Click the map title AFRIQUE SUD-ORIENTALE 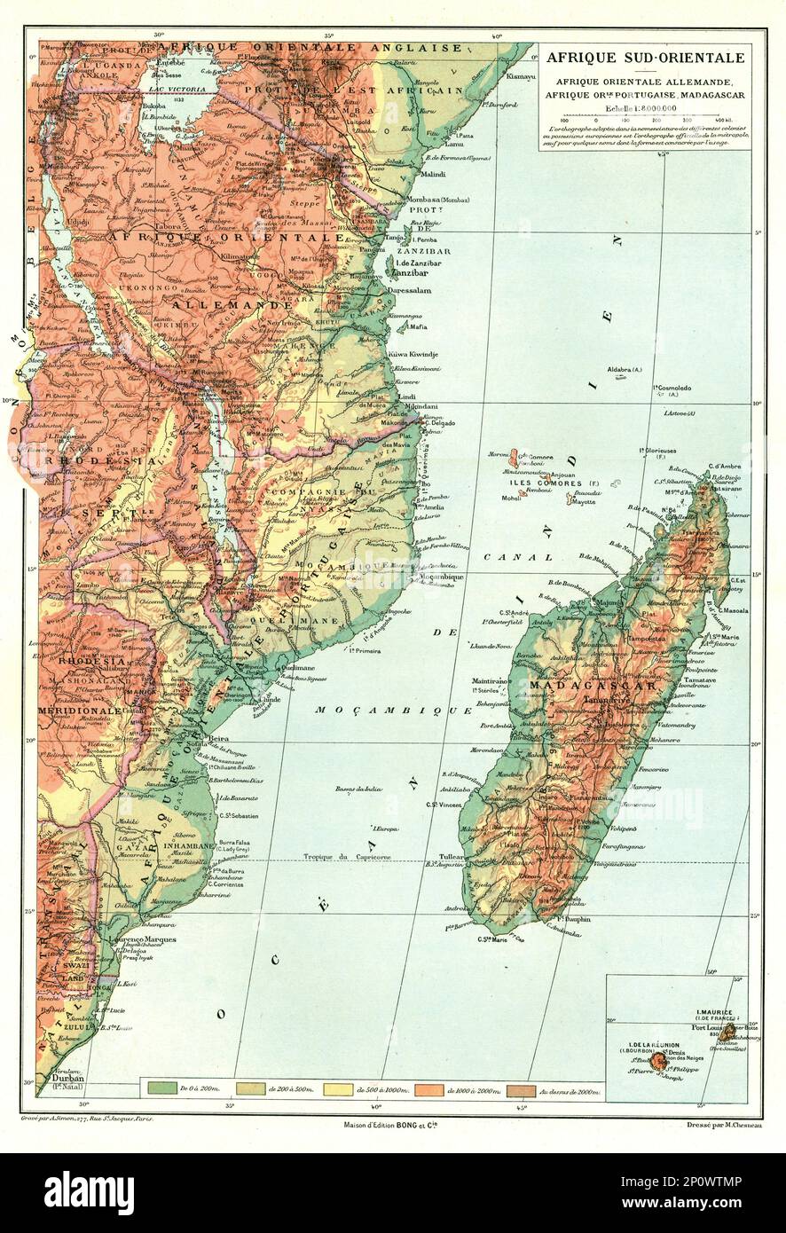[x=645, y=59]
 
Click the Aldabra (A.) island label [x=625, y=367]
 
